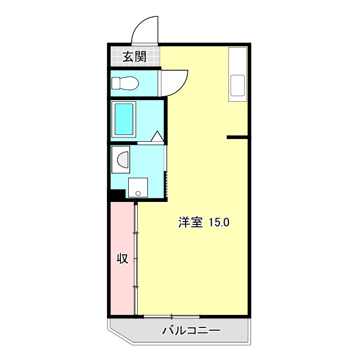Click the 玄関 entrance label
point(134,56)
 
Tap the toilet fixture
point(124,83)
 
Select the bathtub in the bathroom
point(124,119)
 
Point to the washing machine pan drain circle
point(137,193)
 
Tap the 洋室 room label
point(190,222)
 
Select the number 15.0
point(219,222)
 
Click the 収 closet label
point(122,259)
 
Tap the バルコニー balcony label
point(184,330)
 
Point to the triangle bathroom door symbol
point(157,136)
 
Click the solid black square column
point(116,195)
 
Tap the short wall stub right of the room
point(237,137)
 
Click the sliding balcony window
point(172,316)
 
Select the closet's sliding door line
point(136,259)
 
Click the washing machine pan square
point(138,187)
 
